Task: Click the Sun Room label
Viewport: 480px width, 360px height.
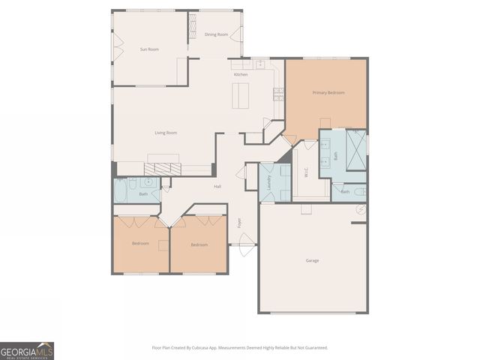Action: coord(149,49)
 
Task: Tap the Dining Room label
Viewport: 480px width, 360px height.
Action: coord(216,34)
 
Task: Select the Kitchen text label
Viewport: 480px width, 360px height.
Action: coord(241,74)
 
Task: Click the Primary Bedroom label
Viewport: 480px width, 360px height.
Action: coord(328,92)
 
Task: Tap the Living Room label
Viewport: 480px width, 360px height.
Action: coord(166,133)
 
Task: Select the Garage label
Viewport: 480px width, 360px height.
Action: coord(312,260)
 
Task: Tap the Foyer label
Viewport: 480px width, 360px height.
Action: coord(241,222)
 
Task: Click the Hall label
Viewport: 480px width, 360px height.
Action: coord(217,186)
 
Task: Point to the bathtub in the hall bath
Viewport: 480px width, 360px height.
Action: coord(123,187)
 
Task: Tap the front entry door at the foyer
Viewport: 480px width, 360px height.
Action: coord(243,241)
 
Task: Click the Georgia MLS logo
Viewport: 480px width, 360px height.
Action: coord(27,350)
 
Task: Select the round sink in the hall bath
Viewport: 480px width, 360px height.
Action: coord(148,183)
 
